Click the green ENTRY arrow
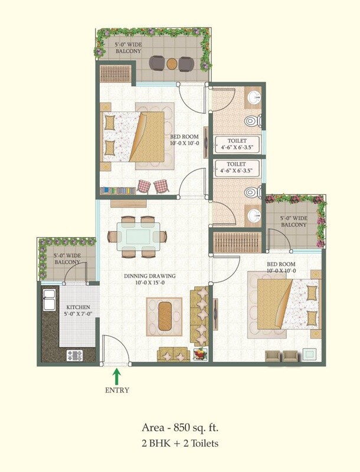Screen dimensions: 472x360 [x=117, y=375]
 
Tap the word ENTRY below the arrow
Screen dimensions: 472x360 [x=117, y=390]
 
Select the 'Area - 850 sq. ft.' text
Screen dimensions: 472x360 [x=179, y=427]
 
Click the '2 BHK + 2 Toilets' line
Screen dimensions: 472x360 [x=179, y=442]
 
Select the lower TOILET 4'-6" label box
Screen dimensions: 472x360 [x=236, y=167]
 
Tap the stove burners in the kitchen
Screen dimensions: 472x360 [x=75, y=355]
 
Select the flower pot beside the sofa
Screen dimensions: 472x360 [x=201, y=355]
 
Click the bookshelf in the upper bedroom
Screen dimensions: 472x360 [x=118, y=191]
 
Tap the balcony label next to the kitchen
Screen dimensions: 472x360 [x=67, y=259]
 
